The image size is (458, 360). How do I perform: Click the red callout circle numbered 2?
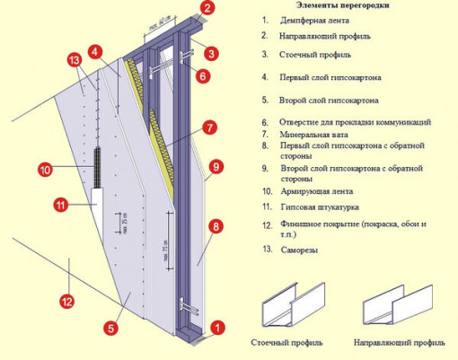pyautogui.click(x=208, y=10)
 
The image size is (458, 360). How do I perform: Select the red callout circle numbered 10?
pyautogui.click(x=46, y=168)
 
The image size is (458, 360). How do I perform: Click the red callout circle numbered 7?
pyautogui.click(x=208, y=128)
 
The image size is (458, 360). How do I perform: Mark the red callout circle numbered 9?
pyautogui.click(x=215, y=165)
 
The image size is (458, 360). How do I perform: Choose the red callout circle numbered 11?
pyautogui.click(x=60, y=205)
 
